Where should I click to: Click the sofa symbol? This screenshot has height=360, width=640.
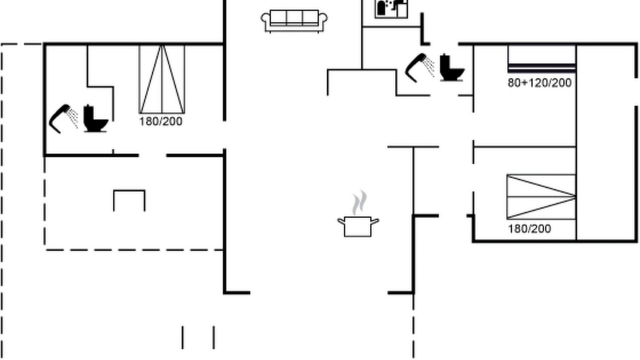click(x=294, y=21)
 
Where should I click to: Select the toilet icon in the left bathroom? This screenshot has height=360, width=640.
click(x=95, y=118)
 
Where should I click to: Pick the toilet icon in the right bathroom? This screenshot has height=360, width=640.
click(x=451, y=67)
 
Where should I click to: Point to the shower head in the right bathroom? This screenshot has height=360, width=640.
click(x=419, y=67)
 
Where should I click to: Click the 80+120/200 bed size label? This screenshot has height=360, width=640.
click(x=539, y=83)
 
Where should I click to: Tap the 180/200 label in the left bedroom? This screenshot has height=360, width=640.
click(x=161, y=121)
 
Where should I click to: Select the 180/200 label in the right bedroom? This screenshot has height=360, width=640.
click(x=529, y=229)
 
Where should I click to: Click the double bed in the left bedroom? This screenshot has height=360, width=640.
click(x=162, y=79)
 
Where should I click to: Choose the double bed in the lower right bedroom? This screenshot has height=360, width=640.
click(x=541, y=197)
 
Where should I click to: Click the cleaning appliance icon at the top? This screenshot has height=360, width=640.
click(x=391, y=9)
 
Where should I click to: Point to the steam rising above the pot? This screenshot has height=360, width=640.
click(x=359, y=202)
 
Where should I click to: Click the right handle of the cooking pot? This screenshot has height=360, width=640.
click(x=375, y=221)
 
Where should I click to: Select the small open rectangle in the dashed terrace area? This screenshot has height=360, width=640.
click(x=129, y=200)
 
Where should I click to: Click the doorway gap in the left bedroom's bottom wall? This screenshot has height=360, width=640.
click(x=152, y=155)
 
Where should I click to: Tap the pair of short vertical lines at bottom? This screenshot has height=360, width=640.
click(x=198, y=337)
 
